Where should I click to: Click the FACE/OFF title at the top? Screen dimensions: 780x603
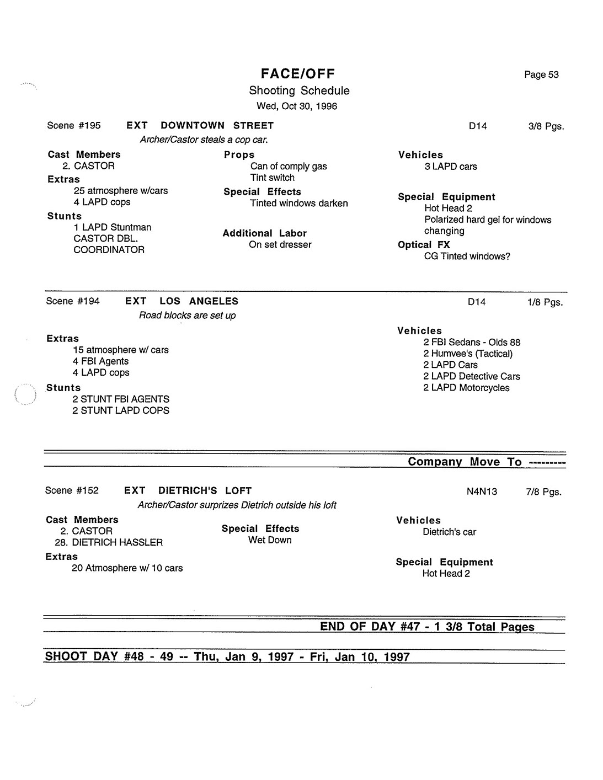(298, 74)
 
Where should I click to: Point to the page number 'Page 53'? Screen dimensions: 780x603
(541, 75)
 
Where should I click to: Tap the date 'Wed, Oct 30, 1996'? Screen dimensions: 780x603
(297, 106)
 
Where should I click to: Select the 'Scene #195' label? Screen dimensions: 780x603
(74, 126)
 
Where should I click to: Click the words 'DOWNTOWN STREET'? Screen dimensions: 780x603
(217, 126)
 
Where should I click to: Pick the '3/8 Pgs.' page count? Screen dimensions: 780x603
(546, 126)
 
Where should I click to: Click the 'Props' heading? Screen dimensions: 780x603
(239, 155)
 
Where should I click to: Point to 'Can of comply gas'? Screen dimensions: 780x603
(289, 167)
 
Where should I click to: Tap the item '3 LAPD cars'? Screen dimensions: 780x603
(451, 167)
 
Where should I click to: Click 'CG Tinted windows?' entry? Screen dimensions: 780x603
(467, 257)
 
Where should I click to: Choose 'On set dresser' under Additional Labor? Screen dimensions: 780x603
(280, 245)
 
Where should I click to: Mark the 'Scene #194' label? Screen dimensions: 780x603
(73, 301)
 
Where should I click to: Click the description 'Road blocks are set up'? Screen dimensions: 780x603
(187, 316)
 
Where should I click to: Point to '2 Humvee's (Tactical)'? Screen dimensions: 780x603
(468, 354)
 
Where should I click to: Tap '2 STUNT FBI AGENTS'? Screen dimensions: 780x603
(121, 399)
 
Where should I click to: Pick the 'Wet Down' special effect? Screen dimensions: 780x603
(270, 540)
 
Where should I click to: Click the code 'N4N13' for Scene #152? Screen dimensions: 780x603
(482, 491)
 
